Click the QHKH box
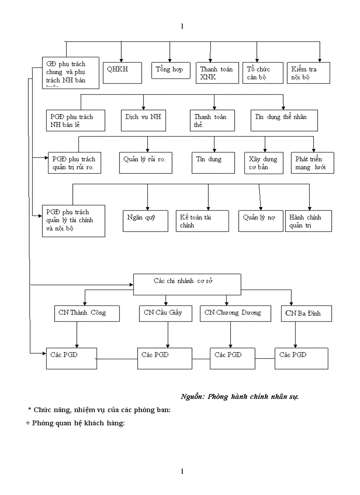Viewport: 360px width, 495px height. point(123,73)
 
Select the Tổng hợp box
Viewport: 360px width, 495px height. point(171,70)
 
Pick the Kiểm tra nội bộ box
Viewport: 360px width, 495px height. point(309,73)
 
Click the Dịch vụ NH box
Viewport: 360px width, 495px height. point(144,120)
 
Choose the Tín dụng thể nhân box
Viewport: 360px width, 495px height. point(284,120)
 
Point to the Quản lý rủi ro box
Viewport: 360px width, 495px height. point(146,163)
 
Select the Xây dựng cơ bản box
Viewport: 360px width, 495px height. point(263,163)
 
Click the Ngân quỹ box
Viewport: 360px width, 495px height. point(145,220)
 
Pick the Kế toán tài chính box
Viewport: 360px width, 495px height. point(202,221)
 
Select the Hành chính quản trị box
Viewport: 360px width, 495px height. point(308,221)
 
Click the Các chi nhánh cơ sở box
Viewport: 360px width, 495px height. point(187,284)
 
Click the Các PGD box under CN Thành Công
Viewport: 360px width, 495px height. point(71,358)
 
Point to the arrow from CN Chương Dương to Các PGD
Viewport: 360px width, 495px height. point(230,335)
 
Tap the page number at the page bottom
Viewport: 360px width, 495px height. point(182,472)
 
